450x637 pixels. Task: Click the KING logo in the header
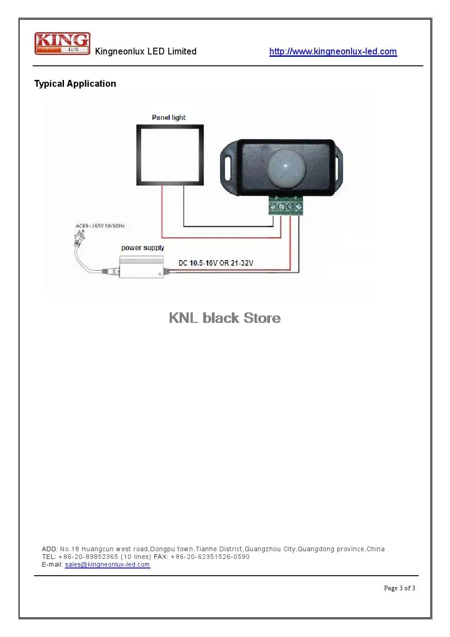(x=63, y=43)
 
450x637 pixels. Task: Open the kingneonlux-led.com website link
(x=333, y=51)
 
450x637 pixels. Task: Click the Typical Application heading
(x=75, y=84)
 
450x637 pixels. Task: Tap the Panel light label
(x=168, y=118)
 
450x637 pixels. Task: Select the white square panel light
(x=170, y=155)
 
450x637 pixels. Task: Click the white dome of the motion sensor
(x=286, y=168)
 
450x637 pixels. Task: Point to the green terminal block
(x=285, y=205)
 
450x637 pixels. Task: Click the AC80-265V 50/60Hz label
(x=100, y=226)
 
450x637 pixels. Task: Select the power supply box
(x=141, y=267)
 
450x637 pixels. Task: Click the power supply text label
(x=142, y=248)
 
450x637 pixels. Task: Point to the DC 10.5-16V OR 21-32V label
(x=215, y=263)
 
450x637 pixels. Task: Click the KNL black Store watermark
(x=225, y=318)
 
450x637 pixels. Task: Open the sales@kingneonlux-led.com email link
(x=108, y=564)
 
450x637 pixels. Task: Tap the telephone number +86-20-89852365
(x=88, y=557)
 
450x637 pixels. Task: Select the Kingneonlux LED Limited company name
(x=146, y=51)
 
